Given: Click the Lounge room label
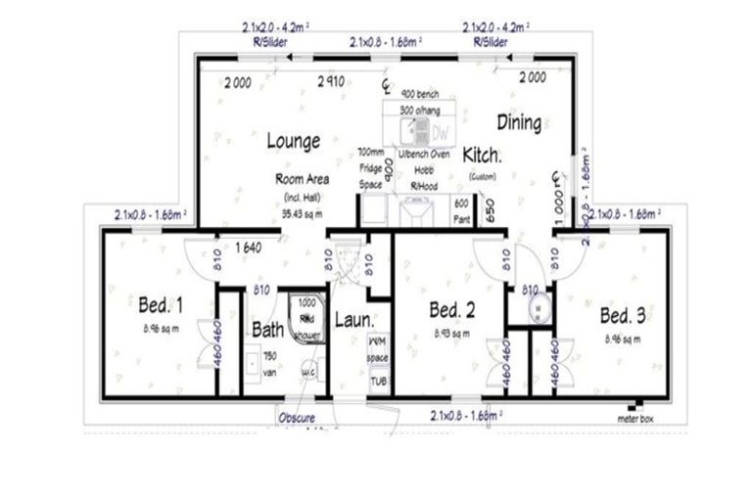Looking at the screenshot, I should [294, 141].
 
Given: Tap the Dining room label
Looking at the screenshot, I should [519, 122].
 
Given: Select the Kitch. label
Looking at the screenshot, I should [483, 156].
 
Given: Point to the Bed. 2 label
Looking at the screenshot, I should [453, 310].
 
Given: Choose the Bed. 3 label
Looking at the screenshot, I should [621, 315].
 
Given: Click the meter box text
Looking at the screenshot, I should [635, 418].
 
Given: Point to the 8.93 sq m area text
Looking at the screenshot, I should [452, 334].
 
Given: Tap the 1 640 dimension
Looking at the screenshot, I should [246, 249].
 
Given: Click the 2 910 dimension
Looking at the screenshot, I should [329, 83].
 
